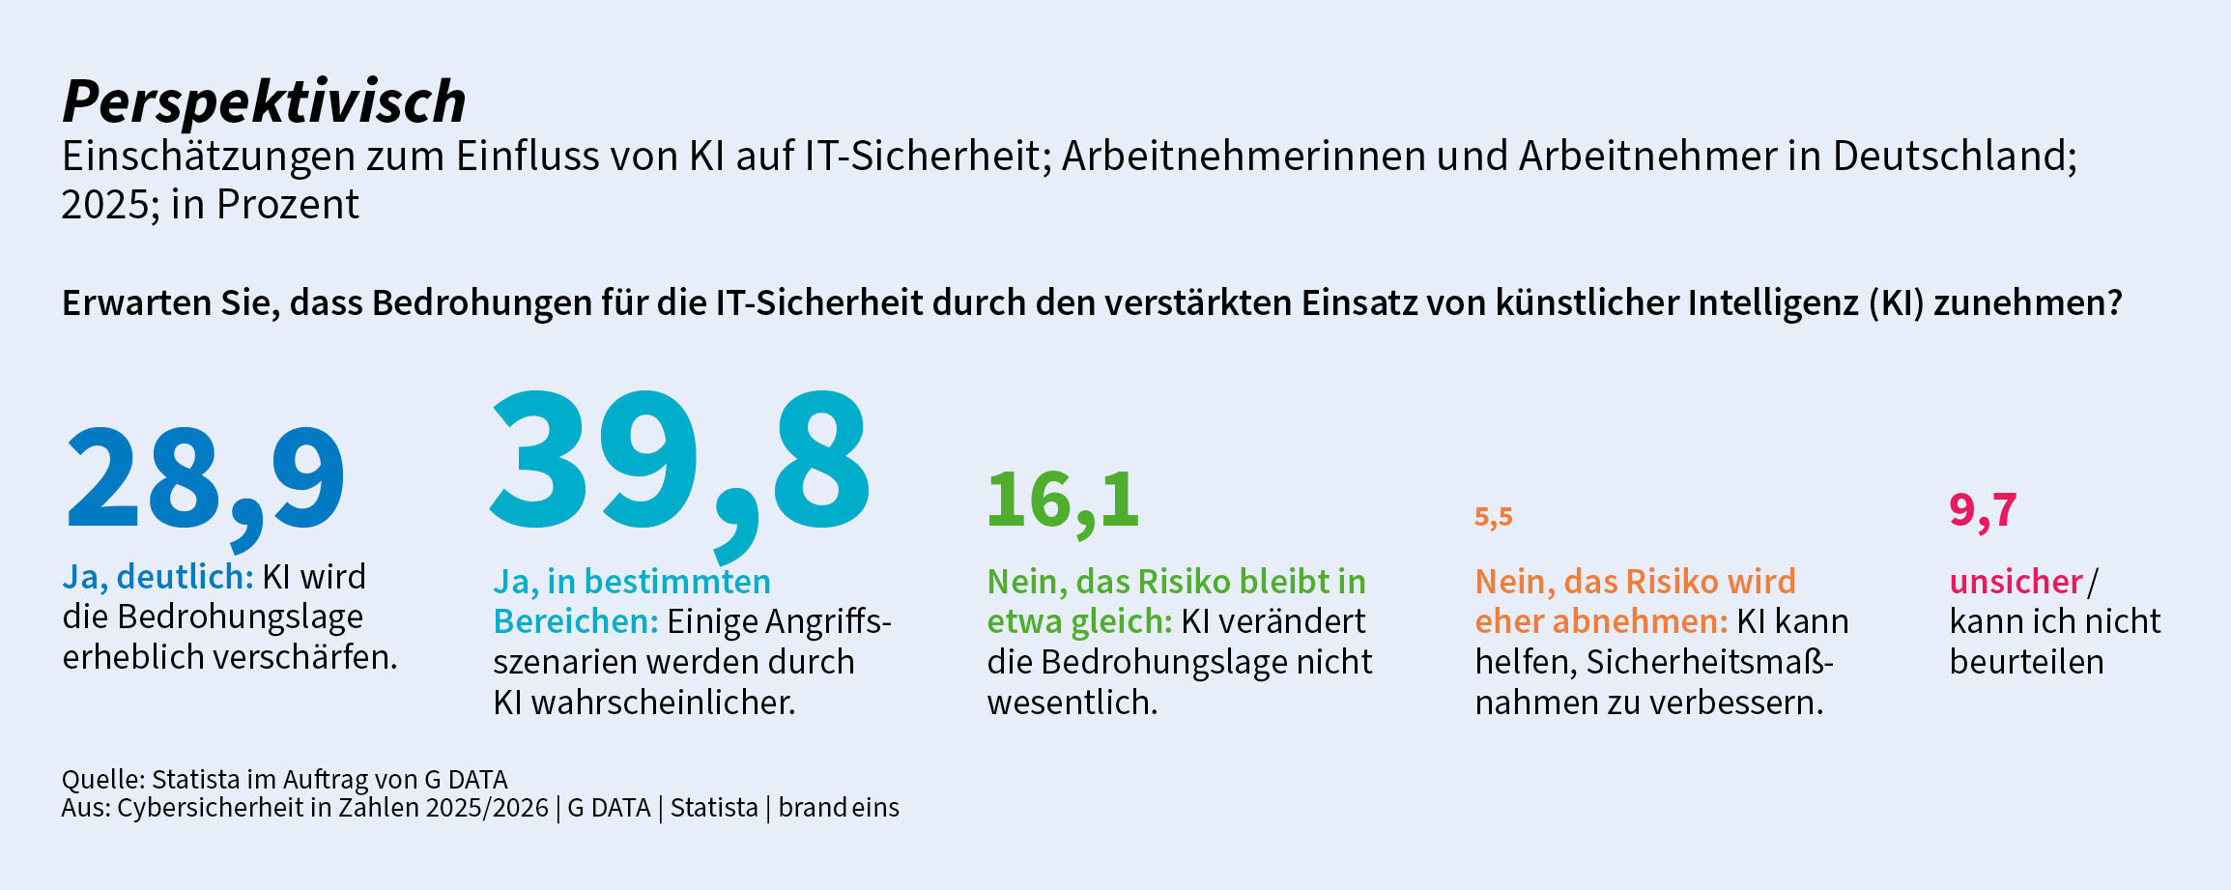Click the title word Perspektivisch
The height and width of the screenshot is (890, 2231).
264,101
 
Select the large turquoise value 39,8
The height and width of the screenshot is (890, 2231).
680,462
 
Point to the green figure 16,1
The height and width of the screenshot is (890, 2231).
1063,501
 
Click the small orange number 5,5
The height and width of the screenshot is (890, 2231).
1493,517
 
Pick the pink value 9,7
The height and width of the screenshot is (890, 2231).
1983,510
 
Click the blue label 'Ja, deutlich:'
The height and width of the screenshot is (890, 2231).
157,577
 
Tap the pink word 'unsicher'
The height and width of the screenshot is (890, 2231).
2016,582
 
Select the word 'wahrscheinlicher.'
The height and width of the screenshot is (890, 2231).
663,703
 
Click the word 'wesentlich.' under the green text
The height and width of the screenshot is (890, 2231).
1072,703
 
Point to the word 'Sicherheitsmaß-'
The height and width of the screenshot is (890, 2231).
1709,662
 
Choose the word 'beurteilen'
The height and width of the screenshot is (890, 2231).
2026,662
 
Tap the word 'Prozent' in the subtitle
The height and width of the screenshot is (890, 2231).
287,205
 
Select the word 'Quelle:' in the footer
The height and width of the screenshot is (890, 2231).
103,779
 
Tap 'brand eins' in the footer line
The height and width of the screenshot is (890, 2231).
839,808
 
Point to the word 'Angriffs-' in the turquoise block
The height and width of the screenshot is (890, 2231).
828,621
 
